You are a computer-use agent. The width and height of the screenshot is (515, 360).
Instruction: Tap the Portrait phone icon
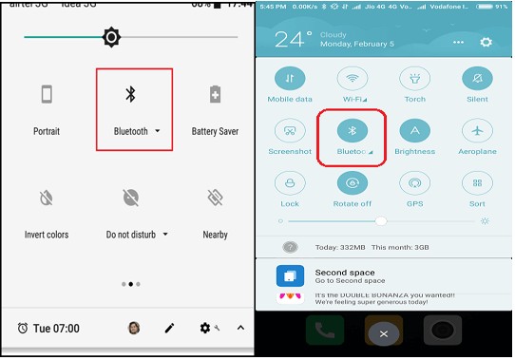[x=46, y=95]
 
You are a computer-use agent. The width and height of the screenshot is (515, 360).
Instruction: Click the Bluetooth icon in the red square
[x=131, y=94]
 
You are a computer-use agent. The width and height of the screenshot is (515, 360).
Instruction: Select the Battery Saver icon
[x=215, y=95]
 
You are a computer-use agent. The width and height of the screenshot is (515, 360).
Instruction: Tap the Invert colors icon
[x=46, y=198]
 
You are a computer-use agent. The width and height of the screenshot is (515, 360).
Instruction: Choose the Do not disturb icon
[x=131, y=198]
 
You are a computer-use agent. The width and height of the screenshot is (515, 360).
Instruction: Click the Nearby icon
[x=215, y=198]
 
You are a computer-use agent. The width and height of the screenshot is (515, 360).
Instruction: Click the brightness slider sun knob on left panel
[x=111, y=38]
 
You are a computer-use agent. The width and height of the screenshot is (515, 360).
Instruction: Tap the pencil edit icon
[x=169, y=328]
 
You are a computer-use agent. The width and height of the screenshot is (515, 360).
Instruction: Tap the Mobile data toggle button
[x=290, y=79]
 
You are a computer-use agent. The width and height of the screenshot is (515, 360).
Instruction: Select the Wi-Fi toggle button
[x=353, y=79]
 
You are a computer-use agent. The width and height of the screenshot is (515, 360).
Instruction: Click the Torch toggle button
[x=414, y=79]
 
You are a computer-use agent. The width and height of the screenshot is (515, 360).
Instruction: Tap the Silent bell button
[x=477, y=79]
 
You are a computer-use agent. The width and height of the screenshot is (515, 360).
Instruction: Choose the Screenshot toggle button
[x=290, y=131]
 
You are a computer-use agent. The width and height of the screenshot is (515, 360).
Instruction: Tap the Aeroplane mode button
[x=477, y=131]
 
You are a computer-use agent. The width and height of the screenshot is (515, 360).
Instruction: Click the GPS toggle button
[x=414, y=183]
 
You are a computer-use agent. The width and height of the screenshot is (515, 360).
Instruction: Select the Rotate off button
[x=353, y=183]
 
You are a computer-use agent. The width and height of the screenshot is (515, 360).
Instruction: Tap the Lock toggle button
[x=290, y=183]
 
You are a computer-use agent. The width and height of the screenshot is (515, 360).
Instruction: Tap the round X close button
[x=383, y=333]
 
